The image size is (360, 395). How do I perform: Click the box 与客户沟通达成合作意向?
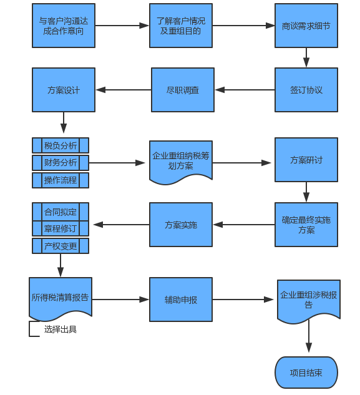(x=64, y=26)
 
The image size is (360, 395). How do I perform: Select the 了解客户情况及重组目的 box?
(x=181, y=26)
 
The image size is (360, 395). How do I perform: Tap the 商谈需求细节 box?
(x=306, y=26)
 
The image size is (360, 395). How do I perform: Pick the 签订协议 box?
(x=306, y=90)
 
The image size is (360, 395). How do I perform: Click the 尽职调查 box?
(x=183, y=90)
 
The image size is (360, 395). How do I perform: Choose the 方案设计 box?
(x=64, y=90)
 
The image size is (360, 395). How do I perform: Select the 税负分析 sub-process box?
(x=61, y=145)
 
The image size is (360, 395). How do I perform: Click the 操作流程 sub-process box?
(x=61, y=180)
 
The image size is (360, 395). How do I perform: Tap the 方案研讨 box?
(x=306, y=160)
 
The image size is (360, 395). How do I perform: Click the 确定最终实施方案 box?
(x=306, y=225)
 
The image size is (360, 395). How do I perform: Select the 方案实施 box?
(x=181, y=225)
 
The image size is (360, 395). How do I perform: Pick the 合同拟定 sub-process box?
(x=61, y=212)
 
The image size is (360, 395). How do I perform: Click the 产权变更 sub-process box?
(x=61, y=246)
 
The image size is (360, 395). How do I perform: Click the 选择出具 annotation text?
(x=61, y=329)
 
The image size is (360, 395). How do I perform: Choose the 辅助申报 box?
(x=181, y=300)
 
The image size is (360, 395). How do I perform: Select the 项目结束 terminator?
(x=306, y=373)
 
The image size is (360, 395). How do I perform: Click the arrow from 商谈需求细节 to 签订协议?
(x=306, y=57)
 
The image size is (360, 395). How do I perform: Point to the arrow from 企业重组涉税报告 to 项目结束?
(x=309, y=336)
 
